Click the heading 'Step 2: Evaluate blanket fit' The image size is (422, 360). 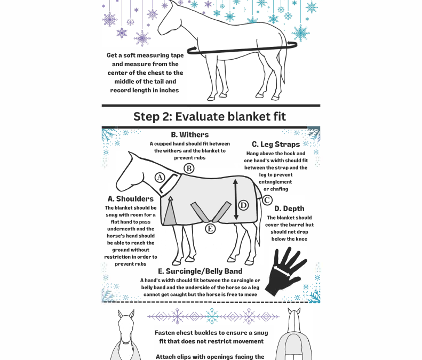[210, 117]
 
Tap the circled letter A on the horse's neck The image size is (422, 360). [160, 178]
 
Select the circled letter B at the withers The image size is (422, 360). [188, 169]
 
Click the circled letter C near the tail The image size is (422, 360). [267, 201]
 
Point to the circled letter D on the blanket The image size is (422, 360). [243, 205]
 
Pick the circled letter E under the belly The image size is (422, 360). [211, 229]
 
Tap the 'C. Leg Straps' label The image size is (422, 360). [276, 145]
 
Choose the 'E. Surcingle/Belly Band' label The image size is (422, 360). [200, 271]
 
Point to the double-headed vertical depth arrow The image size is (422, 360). [235, 201]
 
